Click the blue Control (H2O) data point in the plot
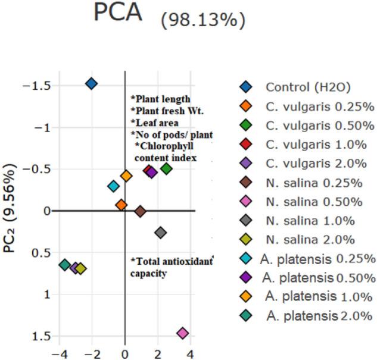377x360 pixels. [x=91, y=83]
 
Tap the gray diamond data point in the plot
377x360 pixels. [x=160, y=232]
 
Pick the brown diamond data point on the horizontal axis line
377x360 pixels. [x=140, y=211]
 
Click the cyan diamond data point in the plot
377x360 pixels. [x=113, y=186]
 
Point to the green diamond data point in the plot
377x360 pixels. [x=167, y=169]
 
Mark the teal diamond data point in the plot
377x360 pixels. [x=65, y=265]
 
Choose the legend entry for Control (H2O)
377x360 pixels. [x=299, y=87]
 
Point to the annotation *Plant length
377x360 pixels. [x=160, y=98]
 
